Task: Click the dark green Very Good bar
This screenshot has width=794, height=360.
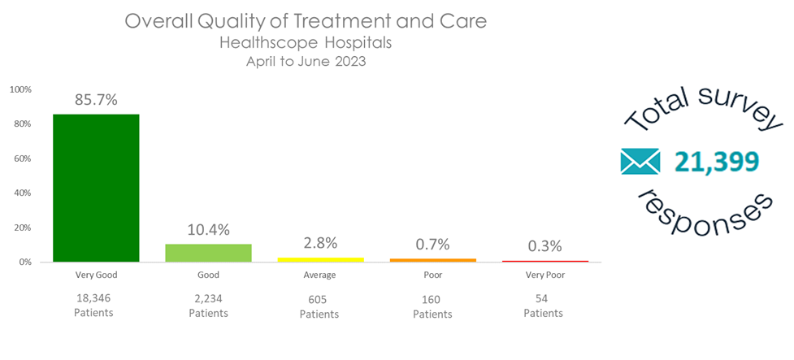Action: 96,188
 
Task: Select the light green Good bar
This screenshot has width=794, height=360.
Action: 208,253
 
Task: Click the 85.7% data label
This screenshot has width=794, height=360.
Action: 96,100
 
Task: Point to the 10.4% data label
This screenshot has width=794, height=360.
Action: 208,230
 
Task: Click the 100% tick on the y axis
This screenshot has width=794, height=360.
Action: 21,89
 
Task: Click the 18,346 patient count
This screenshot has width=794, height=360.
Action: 95,299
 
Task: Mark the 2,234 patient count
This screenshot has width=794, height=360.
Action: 208,299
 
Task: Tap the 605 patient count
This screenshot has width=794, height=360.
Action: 319,300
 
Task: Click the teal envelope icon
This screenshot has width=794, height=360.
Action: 640,162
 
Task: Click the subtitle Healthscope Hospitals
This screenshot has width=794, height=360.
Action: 305,42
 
